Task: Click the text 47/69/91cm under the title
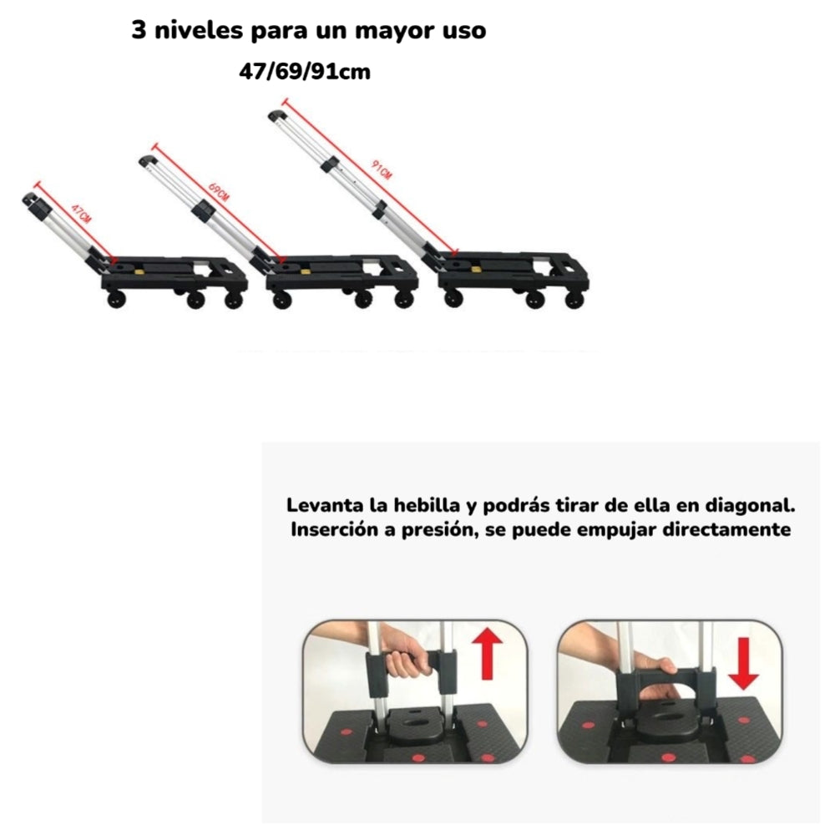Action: click(x=305, y=72)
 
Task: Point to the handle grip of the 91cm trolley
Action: click(x=276, y=114)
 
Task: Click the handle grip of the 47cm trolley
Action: click(x=31, y=200)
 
